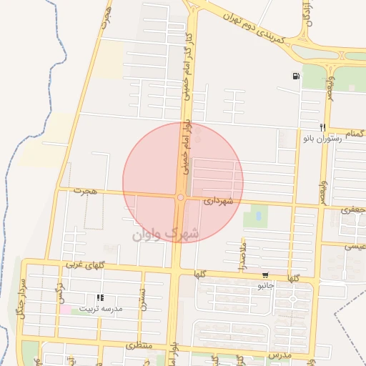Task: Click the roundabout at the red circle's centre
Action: pos(181,197)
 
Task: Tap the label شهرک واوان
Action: pos(165,232)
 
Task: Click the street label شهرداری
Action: pos(219,202)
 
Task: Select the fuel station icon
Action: pos(295,76)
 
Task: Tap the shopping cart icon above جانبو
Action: pos(265,275)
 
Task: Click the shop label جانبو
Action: pos(266,285)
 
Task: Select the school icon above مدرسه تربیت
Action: pos(100,297)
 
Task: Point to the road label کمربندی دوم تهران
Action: pos(254,26)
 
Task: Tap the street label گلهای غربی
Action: pos(85,265)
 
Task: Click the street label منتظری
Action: pos(140,345)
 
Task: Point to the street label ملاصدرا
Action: pos(242,254)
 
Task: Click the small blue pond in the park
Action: pos(257,215)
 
